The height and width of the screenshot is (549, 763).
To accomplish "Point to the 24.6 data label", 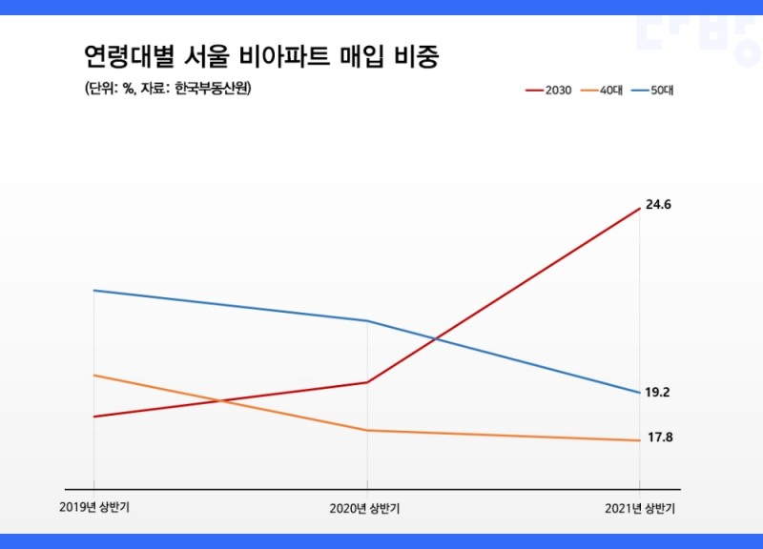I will pos(659,205).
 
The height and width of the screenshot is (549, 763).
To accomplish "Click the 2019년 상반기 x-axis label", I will pos(93,507).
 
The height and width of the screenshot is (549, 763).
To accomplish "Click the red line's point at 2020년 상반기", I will pos(367,382).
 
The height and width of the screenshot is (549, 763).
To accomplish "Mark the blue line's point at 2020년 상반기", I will pos(367,321).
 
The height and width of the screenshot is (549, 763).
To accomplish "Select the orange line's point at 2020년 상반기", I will pos(367,431).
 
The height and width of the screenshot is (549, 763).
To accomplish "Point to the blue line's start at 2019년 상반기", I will pos(93,291).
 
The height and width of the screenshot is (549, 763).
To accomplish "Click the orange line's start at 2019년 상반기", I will pos(93,376).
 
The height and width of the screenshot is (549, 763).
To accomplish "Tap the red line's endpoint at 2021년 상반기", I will pos(639,208).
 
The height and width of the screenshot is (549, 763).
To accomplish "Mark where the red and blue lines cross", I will pos(436,338).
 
